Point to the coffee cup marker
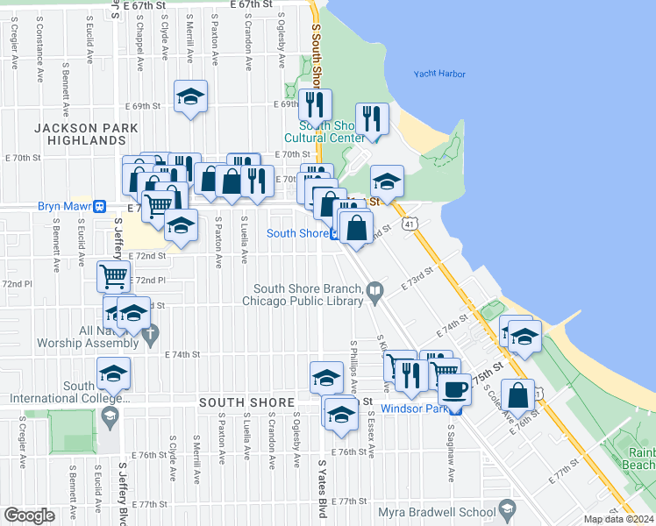454,389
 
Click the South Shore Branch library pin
375,290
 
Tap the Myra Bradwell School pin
507,511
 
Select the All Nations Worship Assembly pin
151,333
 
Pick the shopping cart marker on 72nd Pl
114,277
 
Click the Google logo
30,515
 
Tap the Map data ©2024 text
619,519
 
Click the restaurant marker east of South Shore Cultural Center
372,118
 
